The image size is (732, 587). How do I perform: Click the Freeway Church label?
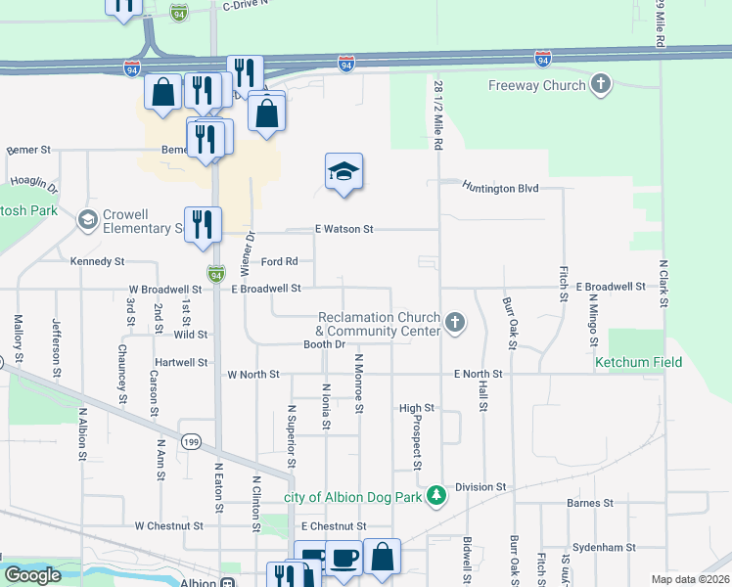536,85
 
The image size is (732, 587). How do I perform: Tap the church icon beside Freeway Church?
601,85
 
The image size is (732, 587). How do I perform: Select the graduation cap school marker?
343,172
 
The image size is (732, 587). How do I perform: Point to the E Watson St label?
343,229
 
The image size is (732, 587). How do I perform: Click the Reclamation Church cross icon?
454,323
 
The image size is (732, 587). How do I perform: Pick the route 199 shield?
192,442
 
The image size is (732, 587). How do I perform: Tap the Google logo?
32,575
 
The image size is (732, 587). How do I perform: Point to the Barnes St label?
589,503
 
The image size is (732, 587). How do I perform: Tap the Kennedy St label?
98,261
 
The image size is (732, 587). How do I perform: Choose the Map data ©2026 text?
690,579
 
